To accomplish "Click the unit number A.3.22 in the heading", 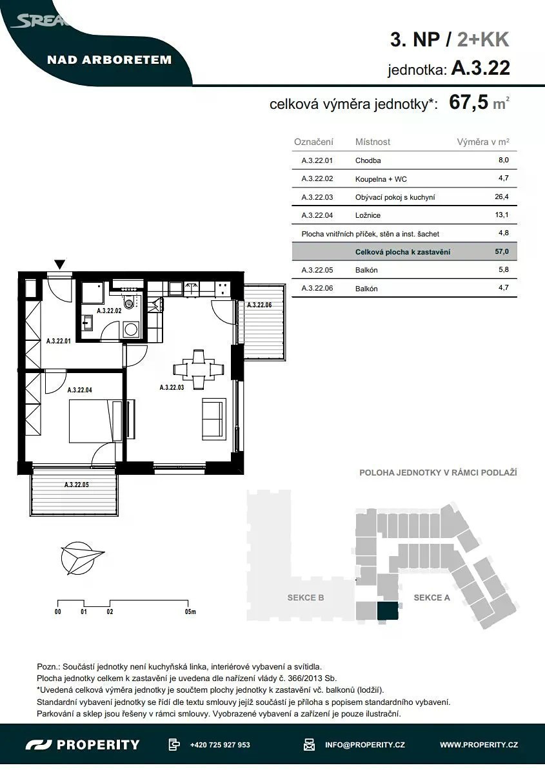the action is click(481, 68).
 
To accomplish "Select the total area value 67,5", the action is click(468, 102).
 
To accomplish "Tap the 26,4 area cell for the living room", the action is click(502, 197).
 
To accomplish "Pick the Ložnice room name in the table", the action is click(368, 215).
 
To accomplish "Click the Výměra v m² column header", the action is click(483, 142).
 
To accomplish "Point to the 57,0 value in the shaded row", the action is click(502, 251).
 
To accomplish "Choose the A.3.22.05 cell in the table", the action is click(317, 269).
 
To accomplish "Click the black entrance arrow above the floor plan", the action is click(59, 264).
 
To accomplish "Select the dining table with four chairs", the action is click(199, 369).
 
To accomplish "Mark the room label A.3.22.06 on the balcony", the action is click(259, 305).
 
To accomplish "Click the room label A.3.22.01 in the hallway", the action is click(59, 341).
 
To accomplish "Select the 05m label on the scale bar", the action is click(190, 612).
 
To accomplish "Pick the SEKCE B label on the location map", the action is click(306, 597).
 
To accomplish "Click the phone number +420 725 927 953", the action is click(220, 744).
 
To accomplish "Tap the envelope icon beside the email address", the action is click(309, 744).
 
